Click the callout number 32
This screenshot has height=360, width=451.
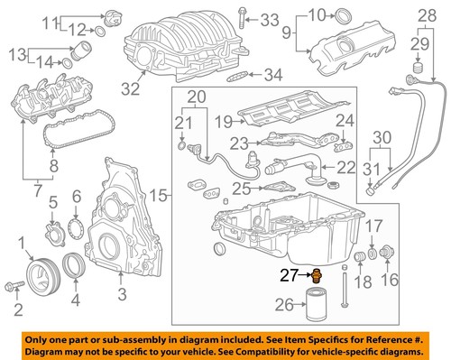pos(132,88)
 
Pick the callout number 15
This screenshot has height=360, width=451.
pos(158,194)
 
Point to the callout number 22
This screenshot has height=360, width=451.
pos(347,166)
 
